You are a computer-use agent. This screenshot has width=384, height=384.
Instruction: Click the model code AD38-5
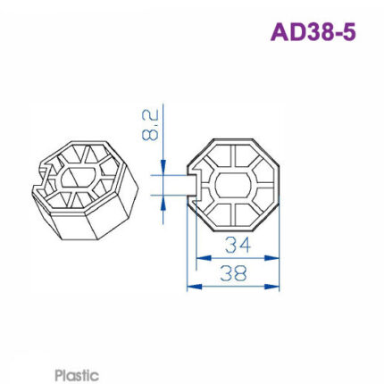click(x=313, y=32)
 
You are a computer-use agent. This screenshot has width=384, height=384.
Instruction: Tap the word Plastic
click(x=77, y=376)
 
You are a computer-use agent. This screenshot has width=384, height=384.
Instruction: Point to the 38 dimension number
click(x=233, y=274)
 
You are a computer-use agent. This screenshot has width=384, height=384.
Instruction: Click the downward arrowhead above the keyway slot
click(x=163, y=169)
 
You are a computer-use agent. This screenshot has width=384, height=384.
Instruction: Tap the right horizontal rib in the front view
click(x=263, y=185)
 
